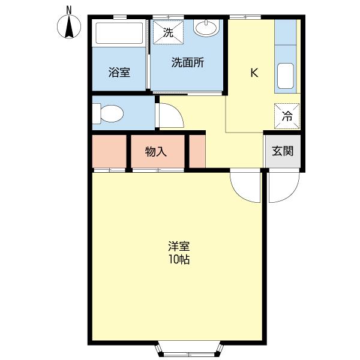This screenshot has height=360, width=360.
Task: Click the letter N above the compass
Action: click(x=69, y=10)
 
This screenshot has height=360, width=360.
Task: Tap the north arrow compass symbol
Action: click(x=70, y=27)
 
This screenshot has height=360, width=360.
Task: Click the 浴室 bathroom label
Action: click(x=119, y=73)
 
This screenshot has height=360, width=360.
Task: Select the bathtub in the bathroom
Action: click(x=119, y=34)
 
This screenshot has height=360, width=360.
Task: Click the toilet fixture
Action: click(x=109, y=113)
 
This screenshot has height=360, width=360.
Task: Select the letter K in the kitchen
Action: click(x=254, y=73)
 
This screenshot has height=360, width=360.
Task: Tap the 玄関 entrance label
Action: click(x=283, y=151)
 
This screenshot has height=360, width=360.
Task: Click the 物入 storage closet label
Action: click(x=156, y=152)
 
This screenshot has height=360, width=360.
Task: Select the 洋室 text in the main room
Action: click(x=179, y=246)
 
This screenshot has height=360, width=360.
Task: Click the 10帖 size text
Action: click(x=179, y=260)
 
